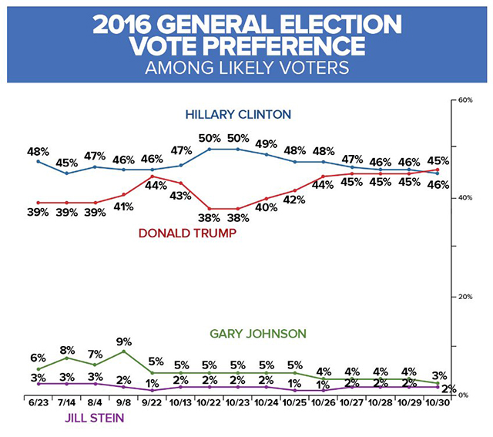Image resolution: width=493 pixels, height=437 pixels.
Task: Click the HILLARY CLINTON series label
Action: click(x=237, y=115)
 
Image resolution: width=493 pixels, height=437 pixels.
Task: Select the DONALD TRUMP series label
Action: click(x=186, y=233)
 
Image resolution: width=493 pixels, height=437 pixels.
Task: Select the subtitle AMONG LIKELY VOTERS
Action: click(x=246, y=68)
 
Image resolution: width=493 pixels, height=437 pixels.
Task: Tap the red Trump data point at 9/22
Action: click(x=153, y=176)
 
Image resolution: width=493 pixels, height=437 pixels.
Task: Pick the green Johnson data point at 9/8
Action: click(x=123, y=351)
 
